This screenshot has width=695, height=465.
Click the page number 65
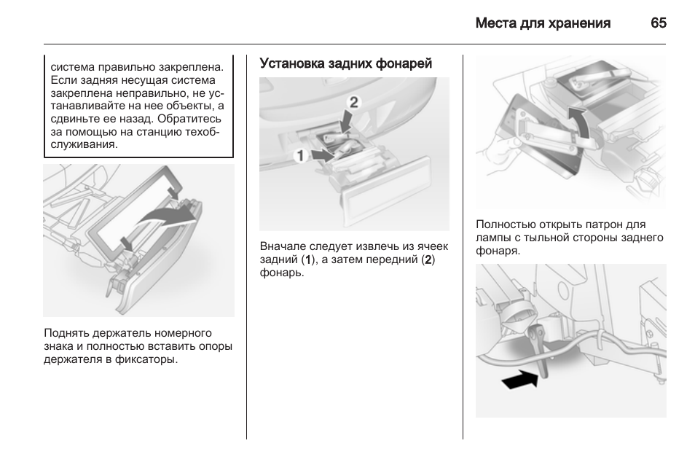click(658, 23)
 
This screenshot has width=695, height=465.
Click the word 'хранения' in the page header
click(581, 23)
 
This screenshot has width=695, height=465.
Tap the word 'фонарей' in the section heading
click(405, 64)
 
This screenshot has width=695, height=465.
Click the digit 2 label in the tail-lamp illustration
click(354, 102)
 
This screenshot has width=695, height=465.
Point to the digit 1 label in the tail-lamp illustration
click(299, 155)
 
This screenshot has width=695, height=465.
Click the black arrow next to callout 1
click(320, 155)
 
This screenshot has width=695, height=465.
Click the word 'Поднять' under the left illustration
click(66, 334)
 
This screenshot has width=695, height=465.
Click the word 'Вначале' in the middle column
click(281, 247)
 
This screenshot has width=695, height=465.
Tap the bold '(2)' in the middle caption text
click(429, 260)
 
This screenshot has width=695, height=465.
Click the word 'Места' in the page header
click(492, 23)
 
